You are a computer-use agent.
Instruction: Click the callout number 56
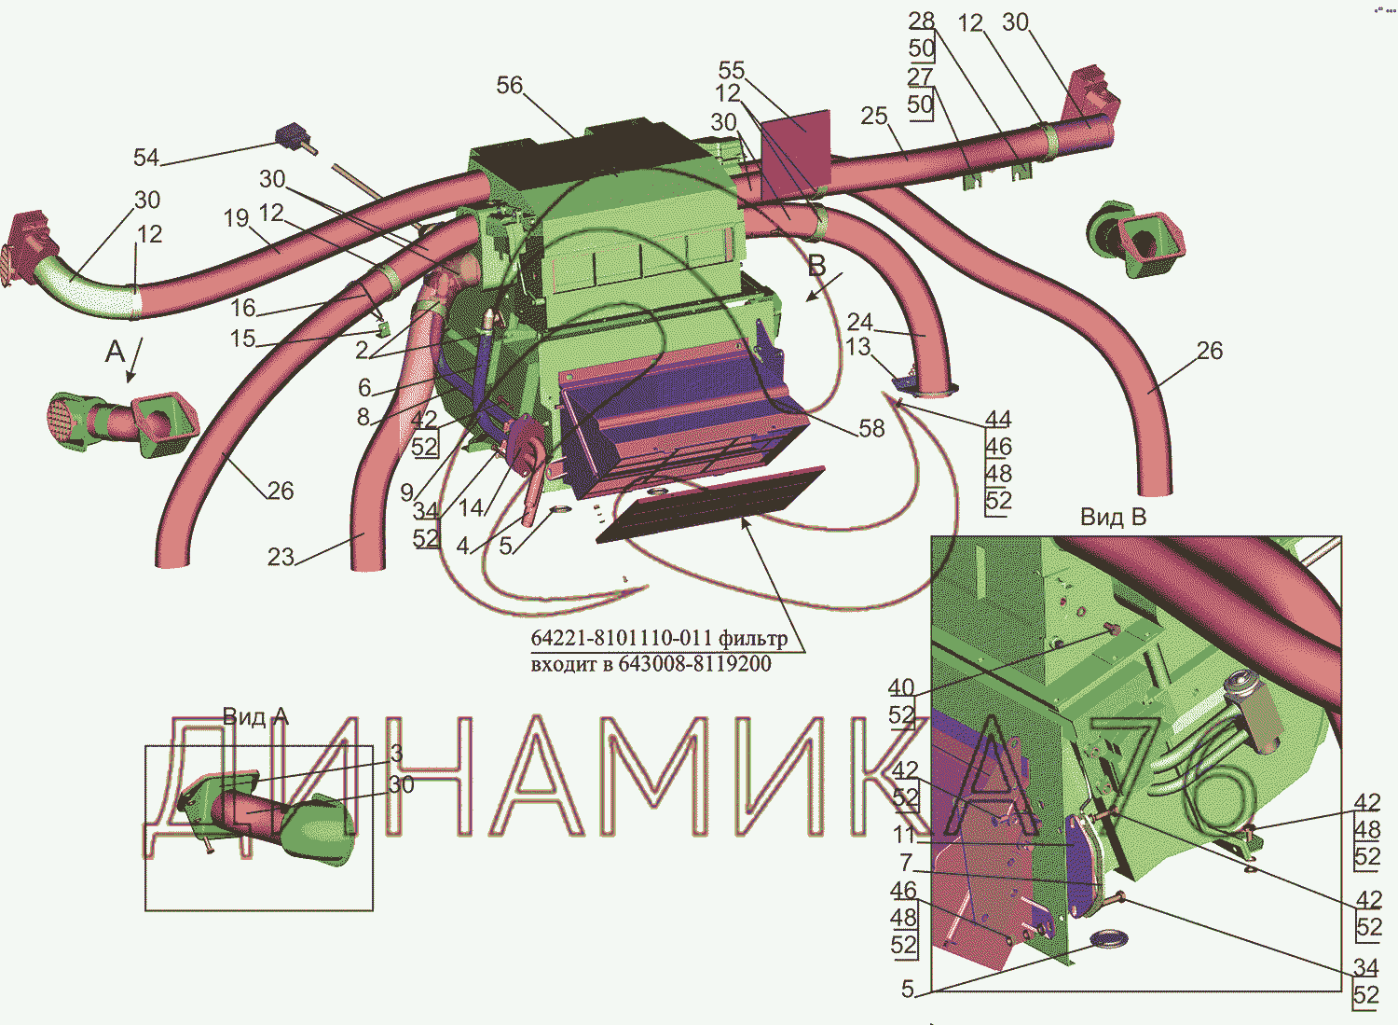click(x=509, y=86)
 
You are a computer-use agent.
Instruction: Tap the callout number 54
click(x=146, y=158)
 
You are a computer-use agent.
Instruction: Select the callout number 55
click(x=732, y=70)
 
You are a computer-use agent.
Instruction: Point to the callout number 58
click(x=871, y=428)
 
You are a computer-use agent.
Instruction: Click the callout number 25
click(x=874, y=116)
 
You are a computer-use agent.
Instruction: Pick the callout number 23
click(x=281, y=557)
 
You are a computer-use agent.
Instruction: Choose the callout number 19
click(x=237, y=218)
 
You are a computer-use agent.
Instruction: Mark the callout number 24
click(x=859, y=322)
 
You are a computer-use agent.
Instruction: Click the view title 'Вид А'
click(x=256, y=717)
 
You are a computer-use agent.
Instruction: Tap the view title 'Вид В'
click(x=1114, y=517)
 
